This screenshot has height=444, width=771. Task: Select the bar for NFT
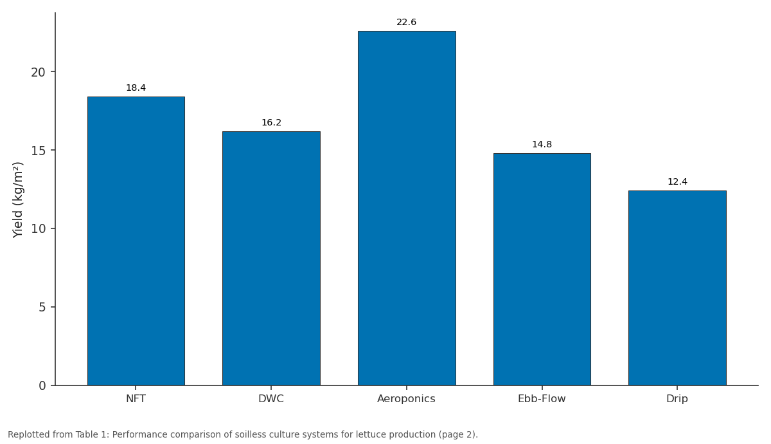136,241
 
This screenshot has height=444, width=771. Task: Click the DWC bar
271,258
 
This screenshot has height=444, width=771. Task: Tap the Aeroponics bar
407,208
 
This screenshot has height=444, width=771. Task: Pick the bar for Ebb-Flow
542,269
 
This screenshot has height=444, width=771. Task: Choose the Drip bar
677,288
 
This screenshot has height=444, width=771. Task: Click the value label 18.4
136,88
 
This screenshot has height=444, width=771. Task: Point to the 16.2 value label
271,123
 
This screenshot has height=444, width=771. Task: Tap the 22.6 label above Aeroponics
407,23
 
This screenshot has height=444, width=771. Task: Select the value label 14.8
542,144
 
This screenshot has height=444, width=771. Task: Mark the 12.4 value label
677,181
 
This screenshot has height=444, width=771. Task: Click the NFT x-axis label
136,399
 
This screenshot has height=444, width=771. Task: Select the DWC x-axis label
271,399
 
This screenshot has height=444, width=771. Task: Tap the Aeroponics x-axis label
406,399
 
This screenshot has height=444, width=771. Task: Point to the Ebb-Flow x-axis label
542,399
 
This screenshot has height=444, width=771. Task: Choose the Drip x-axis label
677,399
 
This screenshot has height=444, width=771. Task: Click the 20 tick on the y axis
38,72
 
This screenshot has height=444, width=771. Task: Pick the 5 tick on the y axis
42,307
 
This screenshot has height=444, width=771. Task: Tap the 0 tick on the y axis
42,385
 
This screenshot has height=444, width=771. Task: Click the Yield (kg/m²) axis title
17,200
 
